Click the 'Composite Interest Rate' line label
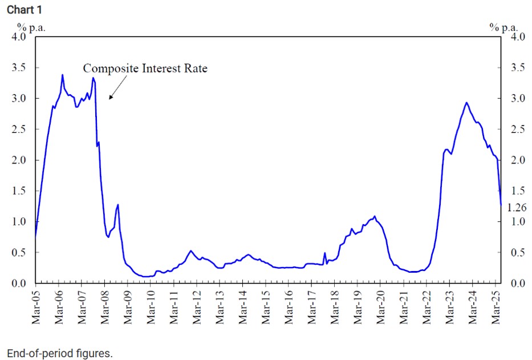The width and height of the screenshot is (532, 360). (145, 68)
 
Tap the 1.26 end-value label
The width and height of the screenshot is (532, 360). (516, 208)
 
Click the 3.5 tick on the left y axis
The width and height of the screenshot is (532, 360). (19, 68)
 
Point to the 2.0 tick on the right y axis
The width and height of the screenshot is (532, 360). (517, 160)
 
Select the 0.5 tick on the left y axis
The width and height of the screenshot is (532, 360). (19, 253)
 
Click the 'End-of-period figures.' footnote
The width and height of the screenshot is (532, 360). (60, 353)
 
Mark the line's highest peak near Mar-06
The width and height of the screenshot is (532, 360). (62, 75)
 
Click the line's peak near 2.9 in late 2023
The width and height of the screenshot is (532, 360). (466, 103)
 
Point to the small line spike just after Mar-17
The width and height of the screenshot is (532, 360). (325, 253)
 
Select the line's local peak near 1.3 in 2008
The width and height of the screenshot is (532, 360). (118, 205)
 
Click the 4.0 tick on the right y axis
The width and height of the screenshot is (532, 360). (517, 37)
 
